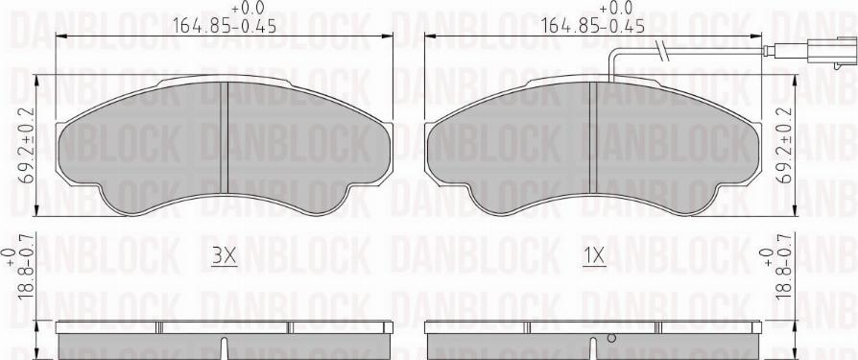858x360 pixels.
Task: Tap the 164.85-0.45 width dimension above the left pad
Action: (x=226, y=26)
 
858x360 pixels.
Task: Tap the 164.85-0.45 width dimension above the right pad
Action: (x=592, y=26)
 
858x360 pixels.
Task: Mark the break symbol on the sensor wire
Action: (x=660, y=50)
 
